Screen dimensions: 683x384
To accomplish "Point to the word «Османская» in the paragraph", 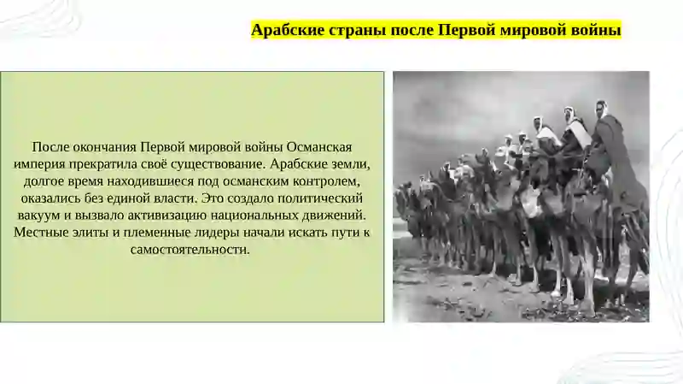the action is (318, 147).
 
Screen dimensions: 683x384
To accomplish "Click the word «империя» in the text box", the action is (37, 164).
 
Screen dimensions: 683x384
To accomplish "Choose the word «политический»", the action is (320, 198).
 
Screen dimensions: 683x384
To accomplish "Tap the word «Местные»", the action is (38, 232).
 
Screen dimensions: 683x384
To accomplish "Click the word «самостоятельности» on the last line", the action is (190, 250).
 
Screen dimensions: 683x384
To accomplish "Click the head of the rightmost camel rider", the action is (602, 109).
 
